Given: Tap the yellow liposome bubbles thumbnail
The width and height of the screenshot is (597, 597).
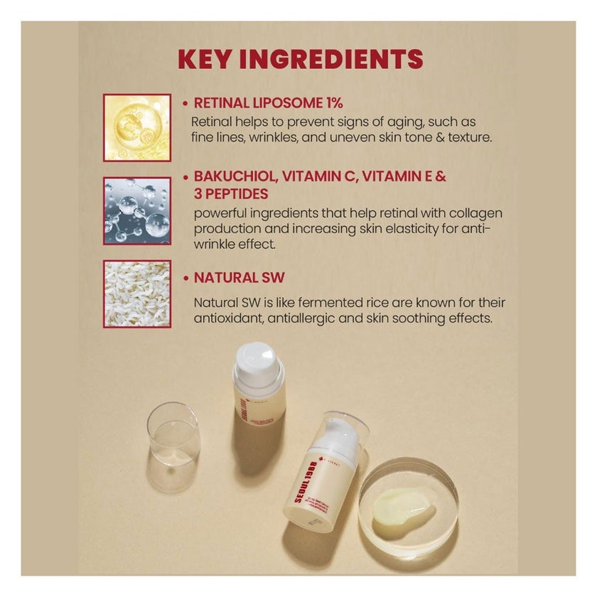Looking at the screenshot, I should point(137,127).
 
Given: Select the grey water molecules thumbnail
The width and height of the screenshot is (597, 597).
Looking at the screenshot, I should point(137,210).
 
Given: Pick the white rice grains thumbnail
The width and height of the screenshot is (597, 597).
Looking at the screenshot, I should point(137,294).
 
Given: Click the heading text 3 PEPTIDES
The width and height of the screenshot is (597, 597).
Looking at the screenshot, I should point(230,194).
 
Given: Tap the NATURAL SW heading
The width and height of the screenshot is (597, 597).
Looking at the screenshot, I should point(239,278).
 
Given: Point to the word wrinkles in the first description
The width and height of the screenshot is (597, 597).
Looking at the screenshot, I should point(276,137).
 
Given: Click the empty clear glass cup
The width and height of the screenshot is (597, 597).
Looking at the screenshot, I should point(173,434).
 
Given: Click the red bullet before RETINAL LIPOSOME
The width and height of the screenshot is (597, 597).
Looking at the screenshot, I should point(185,104).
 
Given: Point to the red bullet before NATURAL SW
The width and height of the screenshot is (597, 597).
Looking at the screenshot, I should point(185,279).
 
